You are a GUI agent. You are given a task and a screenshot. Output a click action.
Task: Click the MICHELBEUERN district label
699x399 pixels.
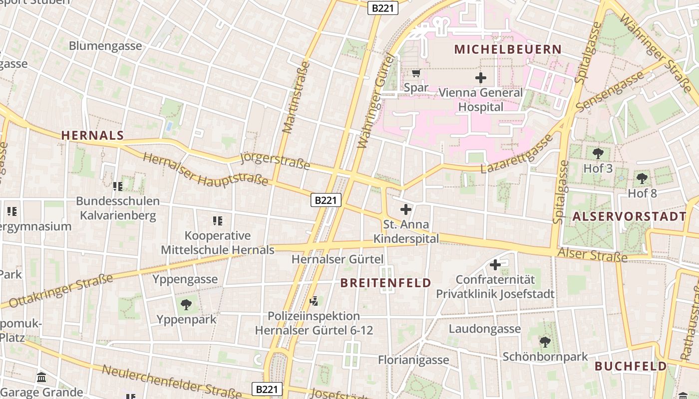click(508, 49)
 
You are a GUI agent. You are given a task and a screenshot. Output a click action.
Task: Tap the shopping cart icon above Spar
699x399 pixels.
click(416, 73)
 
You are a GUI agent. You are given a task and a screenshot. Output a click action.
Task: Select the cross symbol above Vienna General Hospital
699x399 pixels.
click(481, 78)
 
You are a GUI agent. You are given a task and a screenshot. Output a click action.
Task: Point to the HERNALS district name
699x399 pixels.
click(92, 135)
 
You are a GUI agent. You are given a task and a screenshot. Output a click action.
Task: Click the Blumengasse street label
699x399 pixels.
click(105, 46)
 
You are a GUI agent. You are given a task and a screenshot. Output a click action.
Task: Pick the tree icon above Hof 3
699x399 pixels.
click(598, 153)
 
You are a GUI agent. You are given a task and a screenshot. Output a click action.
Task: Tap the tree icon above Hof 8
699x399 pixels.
click(642, 178)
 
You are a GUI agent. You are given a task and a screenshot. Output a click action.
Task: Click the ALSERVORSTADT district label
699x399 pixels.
click(630, 216)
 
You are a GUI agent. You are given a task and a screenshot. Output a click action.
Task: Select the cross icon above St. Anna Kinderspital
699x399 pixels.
click(406, 209)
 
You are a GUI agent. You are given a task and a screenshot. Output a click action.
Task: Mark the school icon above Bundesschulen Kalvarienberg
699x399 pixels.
click(118, 187)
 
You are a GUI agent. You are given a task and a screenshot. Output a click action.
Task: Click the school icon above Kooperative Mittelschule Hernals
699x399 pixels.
click(218, 220)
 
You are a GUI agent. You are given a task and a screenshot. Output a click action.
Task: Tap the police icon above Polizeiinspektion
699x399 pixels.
click(314, 301)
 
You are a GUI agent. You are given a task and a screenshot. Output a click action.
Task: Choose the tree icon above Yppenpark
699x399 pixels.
click(186, 304)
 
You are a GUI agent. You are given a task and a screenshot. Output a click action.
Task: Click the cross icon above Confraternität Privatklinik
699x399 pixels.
click(495, 265)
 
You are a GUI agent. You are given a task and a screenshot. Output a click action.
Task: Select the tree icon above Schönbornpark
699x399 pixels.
click(545, 342)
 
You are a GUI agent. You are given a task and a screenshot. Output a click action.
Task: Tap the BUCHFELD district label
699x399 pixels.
click(631, 366)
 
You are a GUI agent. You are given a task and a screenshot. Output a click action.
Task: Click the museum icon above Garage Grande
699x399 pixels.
click(42, 377)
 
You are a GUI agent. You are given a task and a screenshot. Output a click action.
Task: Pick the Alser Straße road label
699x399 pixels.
click(592, 255)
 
